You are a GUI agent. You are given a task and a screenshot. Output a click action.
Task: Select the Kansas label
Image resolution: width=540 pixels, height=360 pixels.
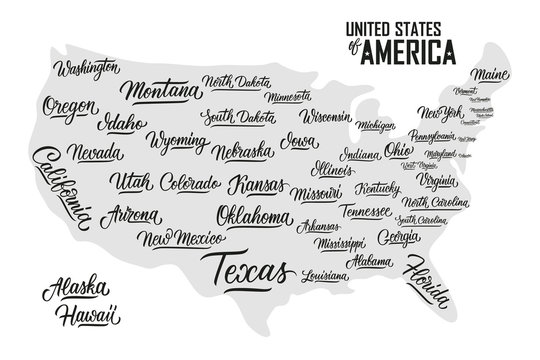click(x=259, y=184)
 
